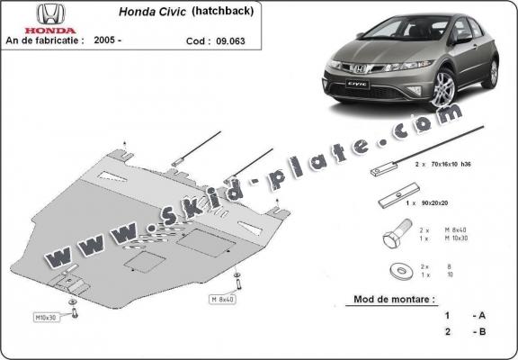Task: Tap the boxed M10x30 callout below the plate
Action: coord(45,318)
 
